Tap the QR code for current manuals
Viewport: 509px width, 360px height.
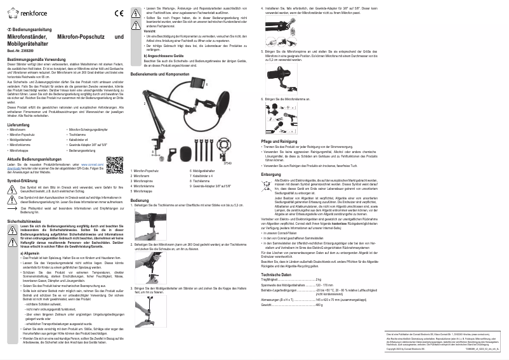pos(114,164)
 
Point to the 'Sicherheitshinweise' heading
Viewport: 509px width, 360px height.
pos(23,220)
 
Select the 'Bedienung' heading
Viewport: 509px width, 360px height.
pos(140,200)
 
